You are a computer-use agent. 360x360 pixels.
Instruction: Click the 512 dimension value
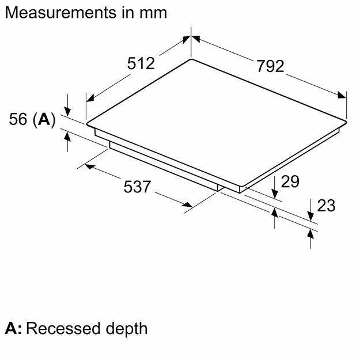141,63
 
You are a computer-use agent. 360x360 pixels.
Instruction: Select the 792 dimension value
270,66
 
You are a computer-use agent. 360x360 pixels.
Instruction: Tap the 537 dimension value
137,187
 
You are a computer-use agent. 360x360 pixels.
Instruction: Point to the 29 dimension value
290,181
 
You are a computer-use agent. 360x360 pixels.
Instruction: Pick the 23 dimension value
326,205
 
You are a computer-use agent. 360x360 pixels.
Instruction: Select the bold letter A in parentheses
44,119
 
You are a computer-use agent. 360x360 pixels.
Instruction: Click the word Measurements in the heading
60,13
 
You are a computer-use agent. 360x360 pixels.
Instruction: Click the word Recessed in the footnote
63,328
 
